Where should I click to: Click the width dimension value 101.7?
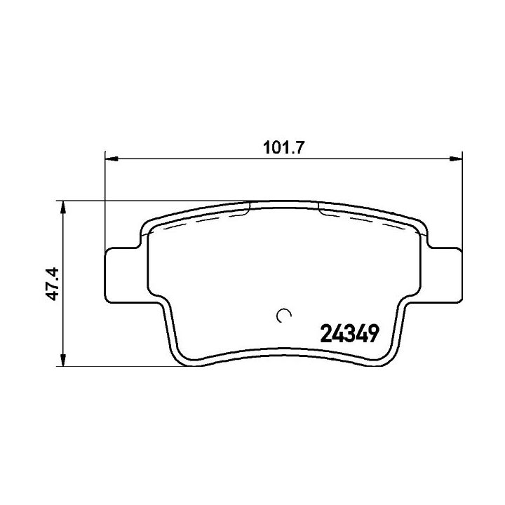283,148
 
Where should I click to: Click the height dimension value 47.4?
52,284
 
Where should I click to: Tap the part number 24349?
349,334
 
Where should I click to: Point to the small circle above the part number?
284,316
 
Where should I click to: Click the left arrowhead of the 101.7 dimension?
112,159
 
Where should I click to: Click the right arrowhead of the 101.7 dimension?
456,159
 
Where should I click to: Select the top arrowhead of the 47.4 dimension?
63,208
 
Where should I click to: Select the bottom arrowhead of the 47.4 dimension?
63,360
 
